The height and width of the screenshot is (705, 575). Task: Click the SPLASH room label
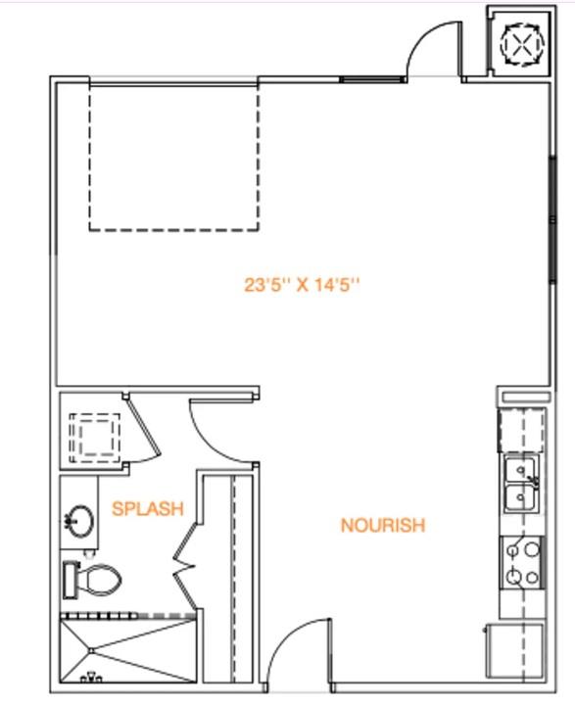148,508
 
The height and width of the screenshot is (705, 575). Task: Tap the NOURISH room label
382,526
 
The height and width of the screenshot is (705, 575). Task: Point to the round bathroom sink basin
80,520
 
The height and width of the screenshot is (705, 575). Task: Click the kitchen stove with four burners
521,563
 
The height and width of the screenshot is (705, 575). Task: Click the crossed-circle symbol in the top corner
519,43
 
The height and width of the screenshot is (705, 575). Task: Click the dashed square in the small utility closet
94,436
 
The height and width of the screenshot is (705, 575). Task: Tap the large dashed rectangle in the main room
174,157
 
